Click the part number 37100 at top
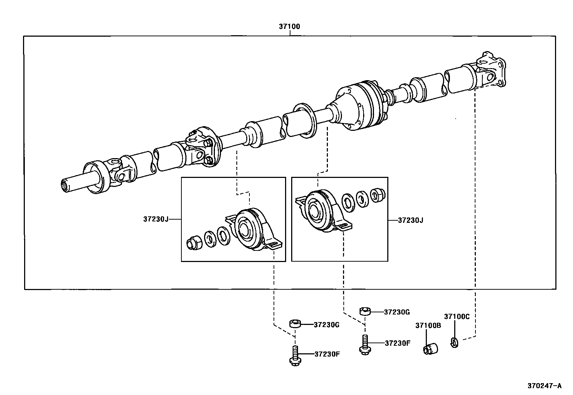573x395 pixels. click(289, 27)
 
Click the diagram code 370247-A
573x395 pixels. click(544, 386)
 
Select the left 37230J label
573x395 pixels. click(156, 219)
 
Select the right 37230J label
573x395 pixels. click(411, 220)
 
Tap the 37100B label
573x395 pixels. click(428, 325)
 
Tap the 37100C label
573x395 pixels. click(457, 316)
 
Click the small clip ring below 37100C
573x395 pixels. click(454, 343)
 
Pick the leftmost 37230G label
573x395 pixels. click(326, 325)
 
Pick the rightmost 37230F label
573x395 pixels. click(397, 343)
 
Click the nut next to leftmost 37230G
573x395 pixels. click(295, 324)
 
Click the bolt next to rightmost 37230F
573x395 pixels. click(365, 345)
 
